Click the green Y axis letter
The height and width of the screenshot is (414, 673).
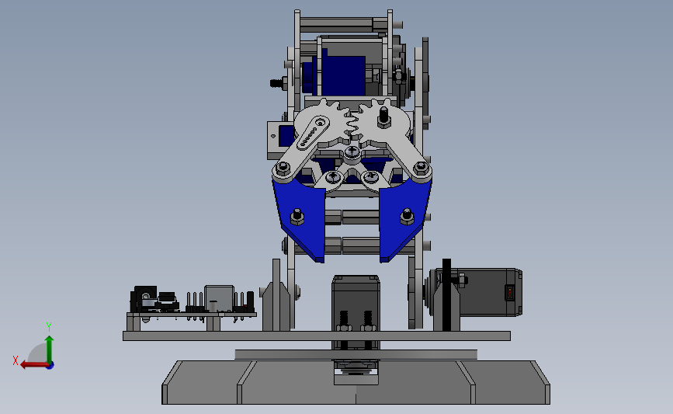tap(48, 327)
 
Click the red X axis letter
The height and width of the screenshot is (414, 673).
tap(16, 360)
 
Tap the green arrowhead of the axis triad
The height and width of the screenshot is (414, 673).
tap(49, 339)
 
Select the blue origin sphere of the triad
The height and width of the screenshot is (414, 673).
tap(50, 366)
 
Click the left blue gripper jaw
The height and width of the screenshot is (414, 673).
tap(300, 217)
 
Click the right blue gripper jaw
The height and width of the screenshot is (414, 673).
tap(404, 217)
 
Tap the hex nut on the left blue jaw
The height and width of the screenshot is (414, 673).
tap(297, 217)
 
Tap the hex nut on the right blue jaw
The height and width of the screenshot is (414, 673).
tap(407, 217)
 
